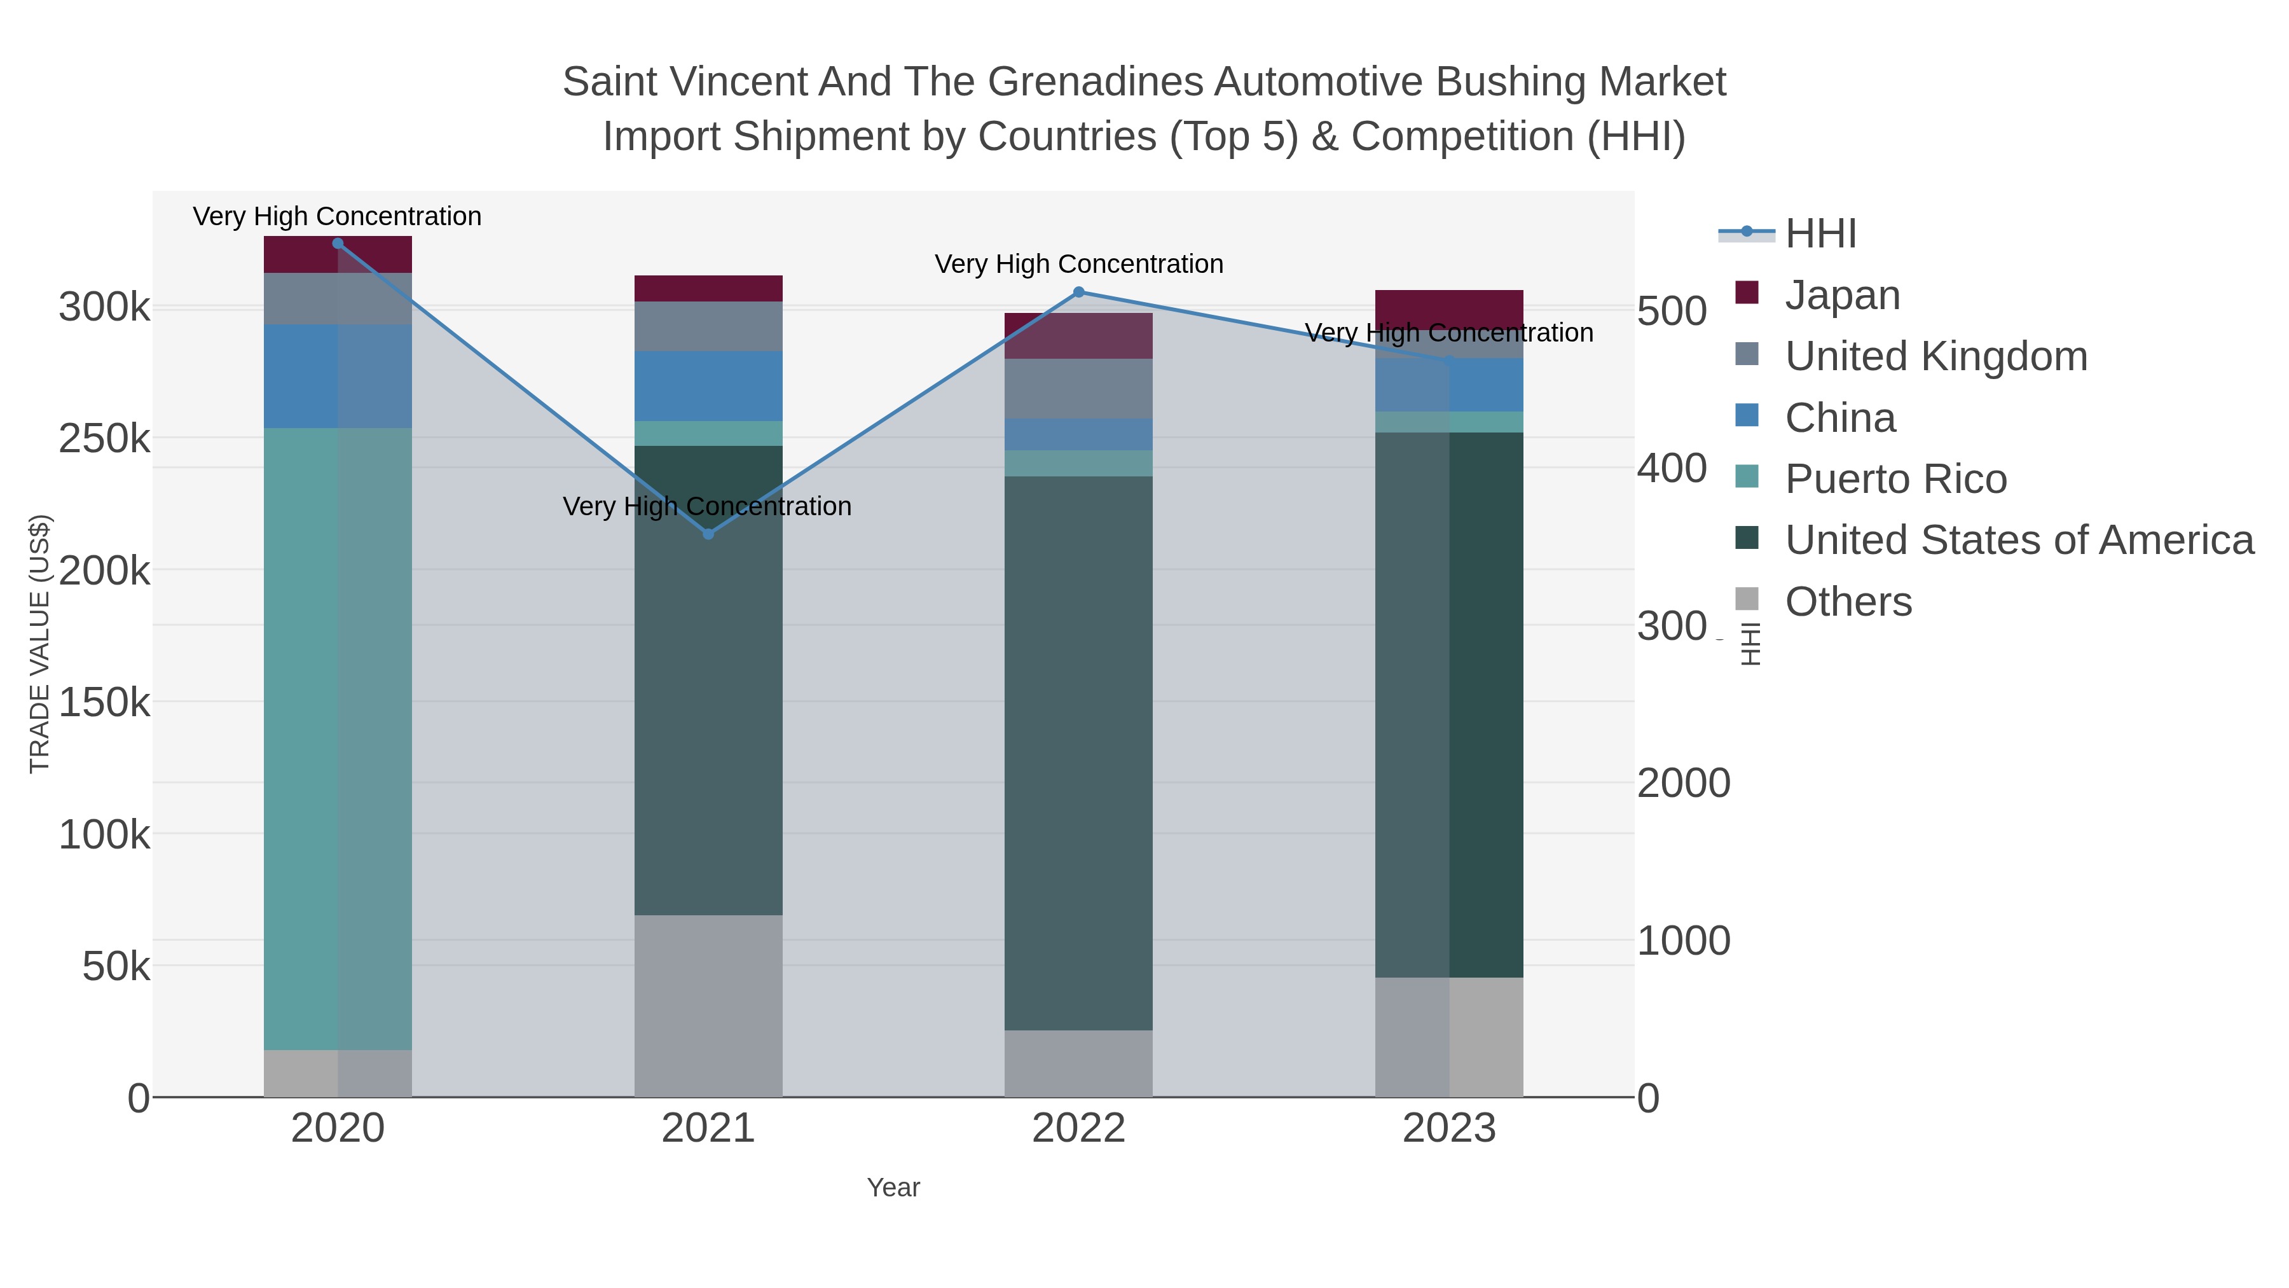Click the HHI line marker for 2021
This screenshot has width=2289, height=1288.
(708, 534)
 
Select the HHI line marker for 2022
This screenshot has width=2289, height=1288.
(1079, 291)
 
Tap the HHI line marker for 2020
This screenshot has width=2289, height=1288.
(338, 244)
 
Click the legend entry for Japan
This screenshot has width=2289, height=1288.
(1842, 295)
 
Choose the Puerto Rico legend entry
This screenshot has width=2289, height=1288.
(1895, 479)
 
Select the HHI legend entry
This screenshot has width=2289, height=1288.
(1820, 234)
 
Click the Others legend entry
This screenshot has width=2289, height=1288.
(1847, 602)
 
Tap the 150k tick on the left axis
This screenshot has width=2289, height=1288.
(104, 702)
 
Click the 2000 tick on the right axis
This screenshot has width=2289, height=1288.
(1683, 783)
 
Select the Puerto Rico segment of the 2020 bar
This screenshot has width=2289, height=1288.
(338, 738)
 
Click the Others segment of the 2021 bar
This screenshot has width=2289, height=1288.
(708, 1004)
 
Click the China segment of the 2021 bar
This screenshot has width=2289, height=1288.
(708, 386)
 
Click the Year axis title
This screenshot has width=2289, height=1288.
(893, 1188)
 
